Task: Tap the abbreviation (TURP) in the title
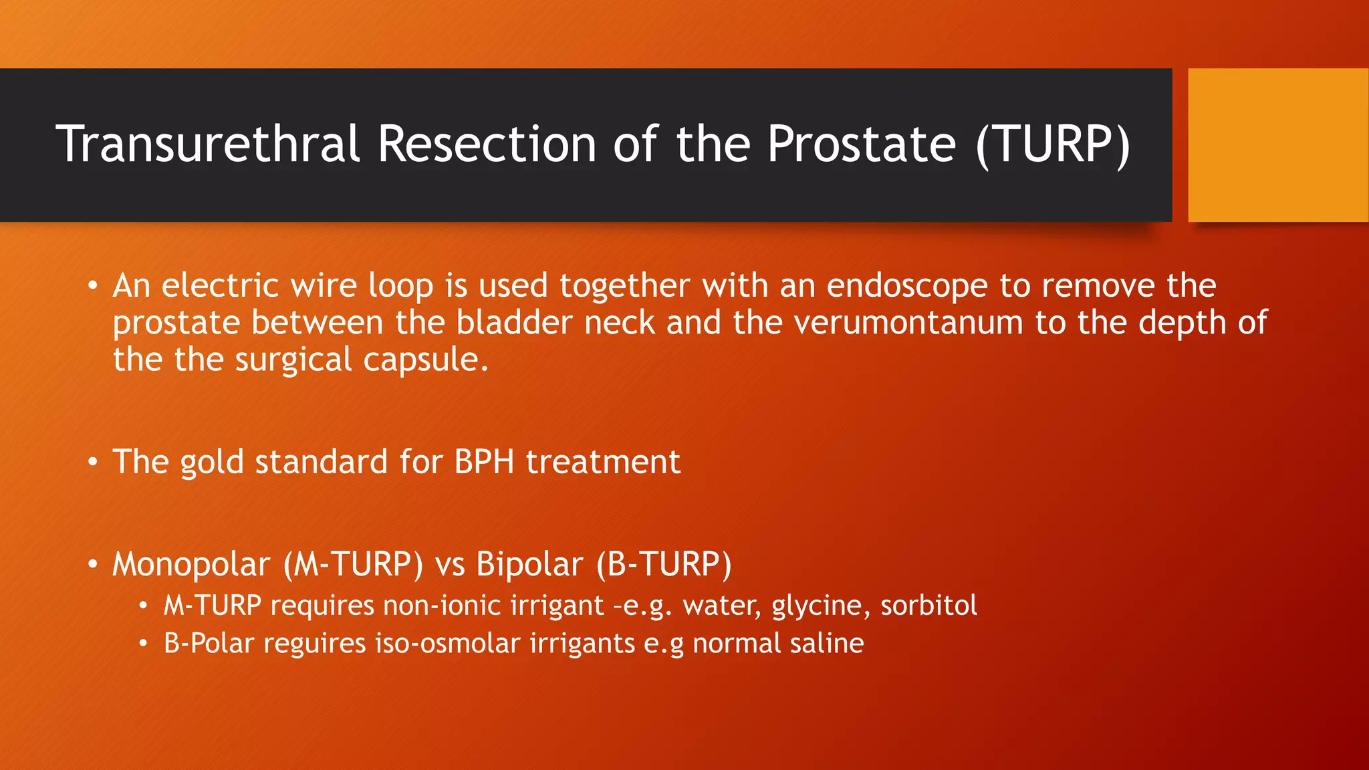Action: click(x=1052, y=144)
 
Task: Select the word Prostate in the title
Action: click(x=861, y=144)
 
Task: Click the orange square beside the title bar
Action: click(x=1277, y=144)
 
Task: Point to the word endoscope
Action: click(x=906, y=286)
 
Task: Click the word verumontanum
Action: click(x=908, y=323)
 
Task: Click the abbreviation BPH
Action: click(x=484, y=462)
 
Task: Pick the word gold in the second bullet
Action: click(x=211, y=462)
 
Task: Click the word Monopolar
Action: click(x=191, y=564)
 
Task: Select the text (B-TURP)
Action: click(x=663, y=564)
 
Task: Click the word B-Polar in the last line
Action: click(x=209, y=644)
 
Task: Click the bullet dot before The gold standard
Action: click(x=93, y=463)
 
